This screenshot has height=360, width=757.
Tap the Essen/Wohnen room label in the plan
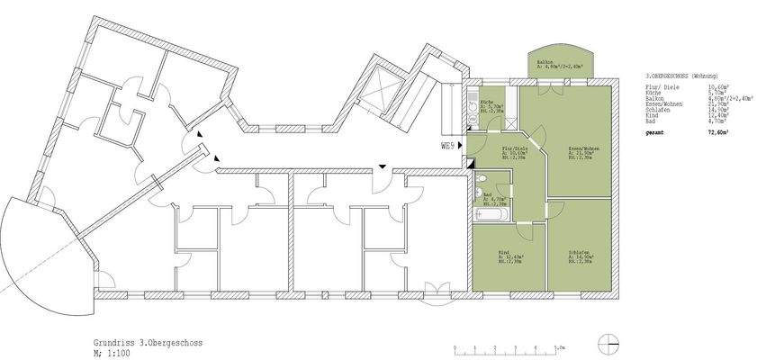[583, 148]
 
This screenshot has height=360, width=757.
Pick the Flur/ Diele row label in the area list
[661, 86]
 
